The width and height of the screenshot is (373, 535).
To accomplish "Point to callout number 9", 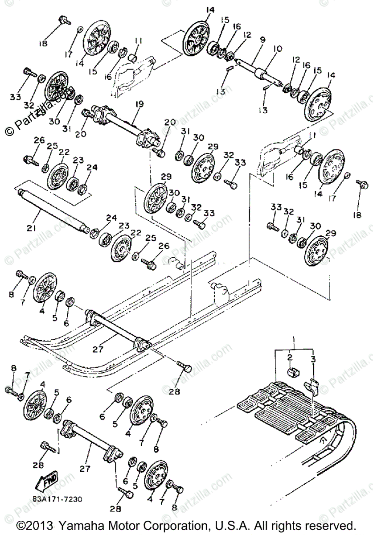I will (x=262, y=40).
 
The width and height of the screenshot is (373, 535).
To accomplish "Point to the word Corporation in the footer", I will (x=164, y=524).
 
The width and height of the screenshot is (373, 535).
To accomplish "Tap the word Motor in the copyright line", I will (x=117, y=524).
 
